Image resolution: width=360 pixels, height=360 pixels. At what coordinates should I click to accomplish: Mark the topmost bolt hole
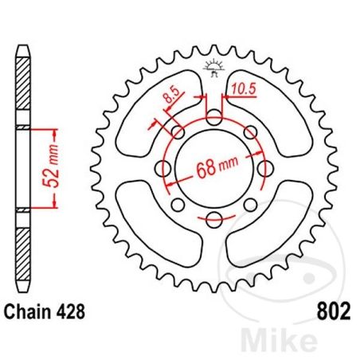(213, 118)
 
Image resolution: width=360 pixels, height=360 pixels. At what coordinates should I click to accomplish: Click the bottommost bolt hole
(213, 220)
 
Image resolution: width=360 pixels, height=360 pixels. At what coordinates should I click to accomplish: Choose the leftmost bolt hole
(163, 169)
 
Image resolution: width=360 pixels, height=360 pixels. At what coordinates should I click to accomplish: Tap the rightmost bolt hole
(264, 169)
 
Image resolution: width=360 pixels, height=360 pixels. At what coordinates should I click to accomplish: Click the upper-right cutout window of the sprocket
(275, 119)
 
